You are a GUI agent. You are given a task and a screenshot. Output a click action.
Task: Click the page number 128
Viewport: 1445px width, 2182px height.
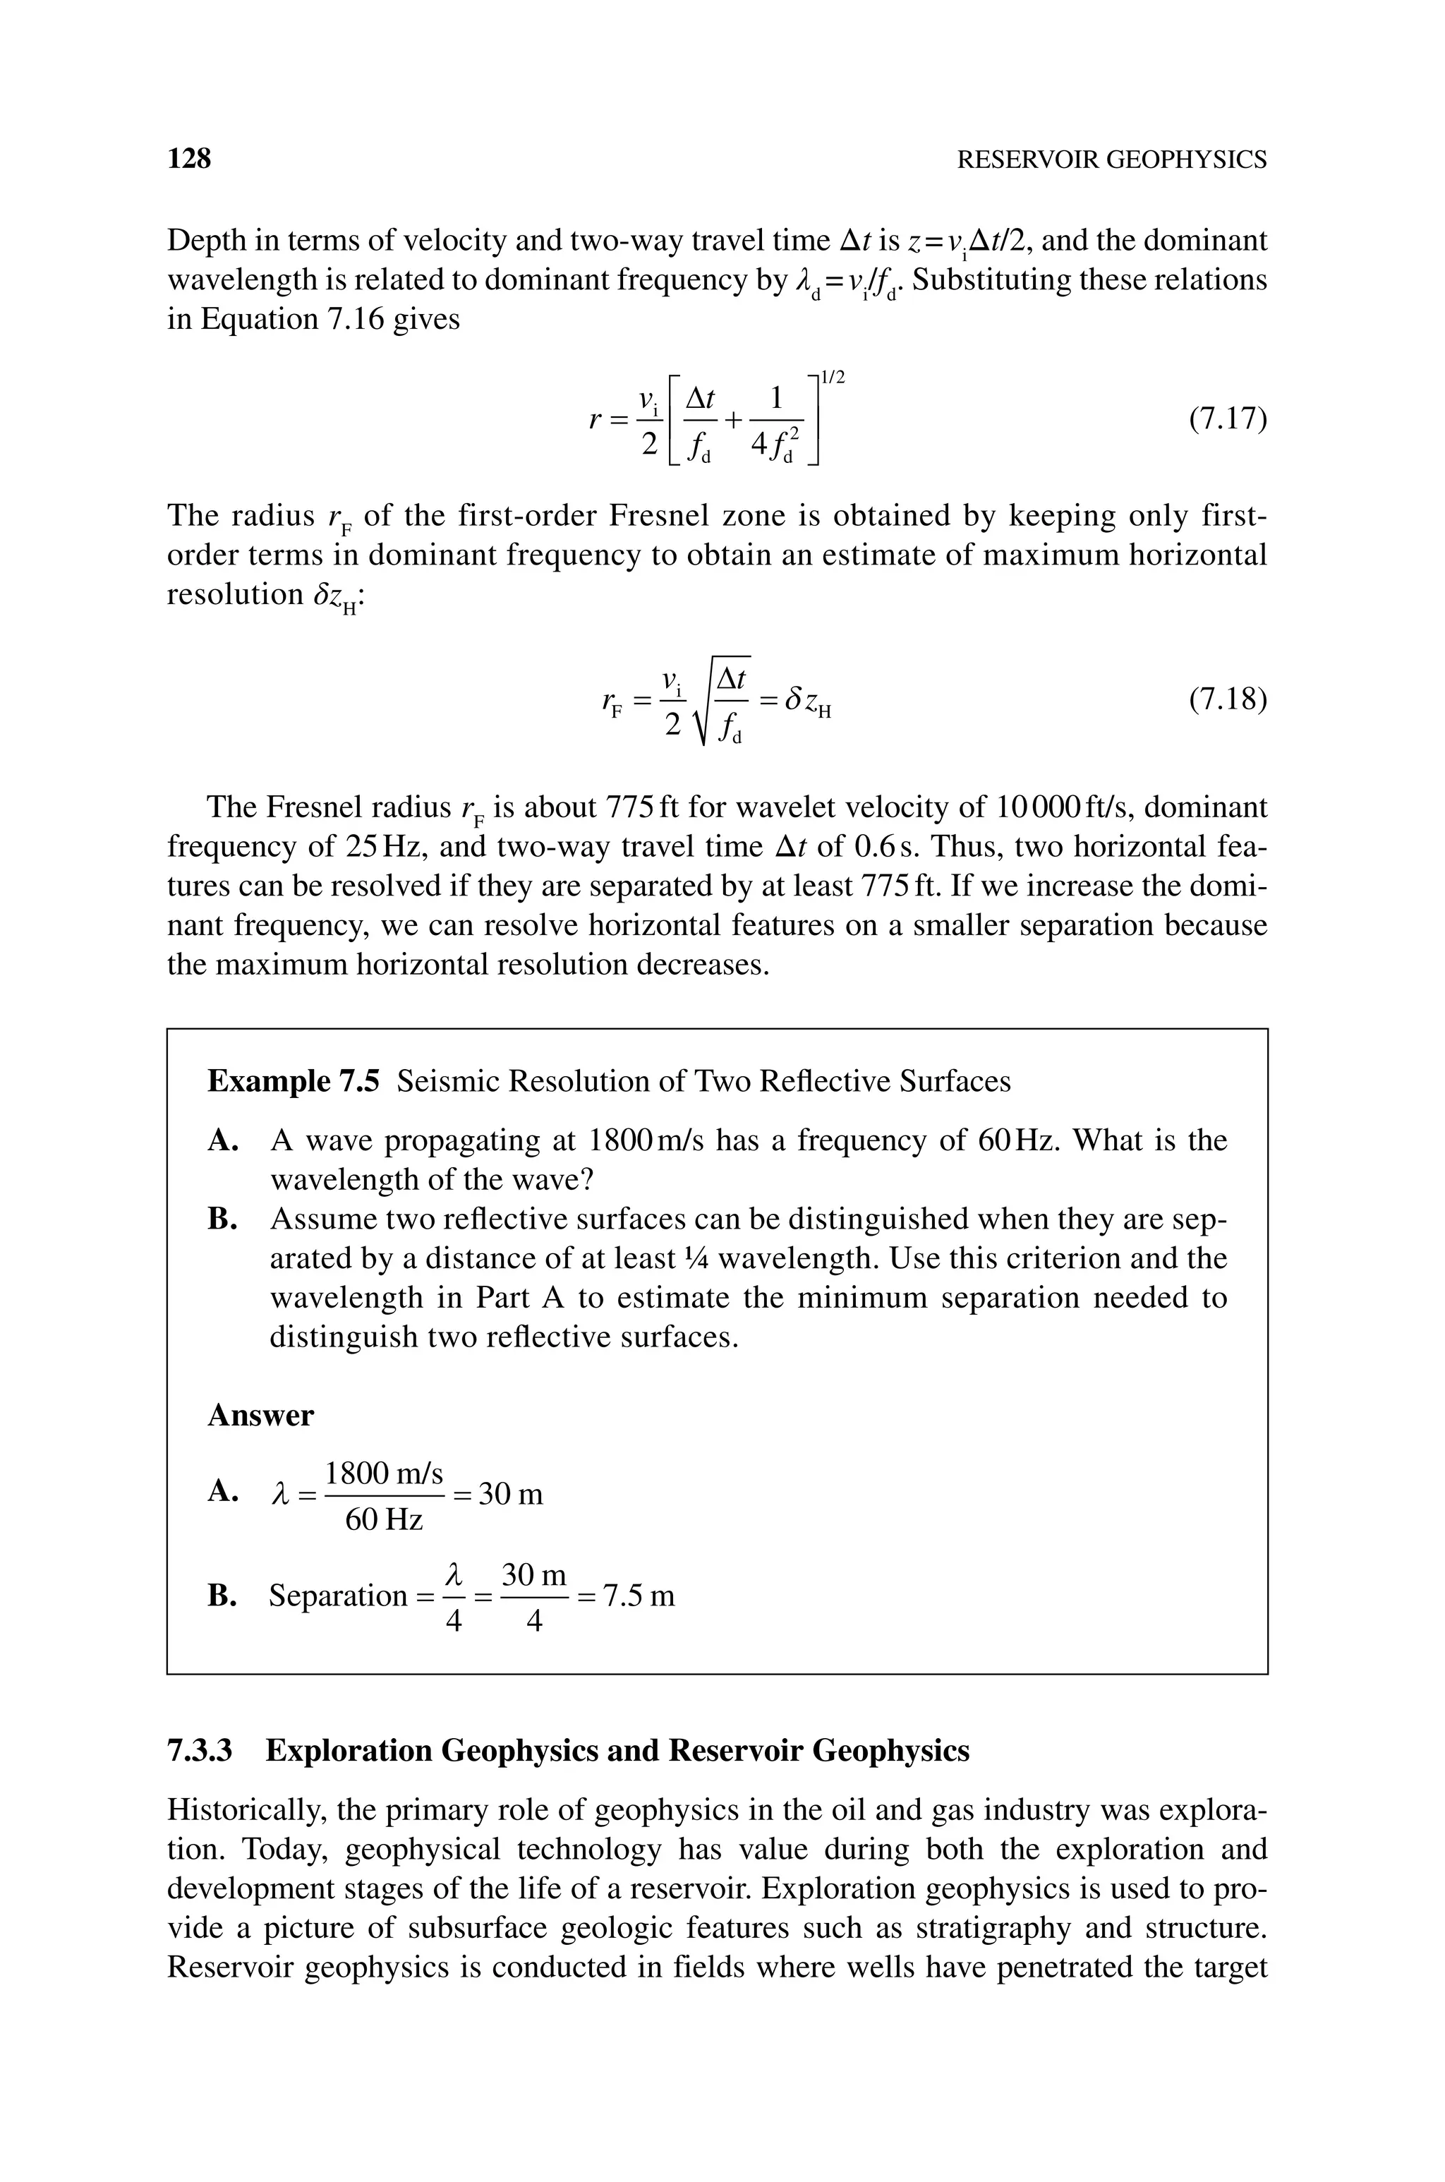tap(189, 159)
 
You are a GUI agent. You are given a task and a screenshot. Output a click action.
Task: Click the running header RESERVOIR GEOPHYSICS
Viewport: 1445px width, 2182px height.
tap(1111, 159)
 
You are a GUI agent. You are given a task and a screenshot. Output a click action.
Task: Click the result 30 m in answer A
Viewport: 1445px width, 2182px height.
tap(512, 1494)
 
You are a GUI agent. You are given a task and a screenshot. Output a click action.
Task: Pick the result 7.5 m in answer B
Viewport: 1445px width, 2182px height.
tap(638, 1595)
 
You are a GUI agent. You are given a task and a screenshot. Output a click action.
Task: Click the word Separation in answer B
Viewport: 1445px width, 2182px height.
tap(337, 1595)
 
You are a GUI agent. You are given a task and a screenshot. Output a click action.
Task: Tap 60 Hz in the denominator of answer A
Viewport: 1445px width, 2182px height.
tap(383, 1519)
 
